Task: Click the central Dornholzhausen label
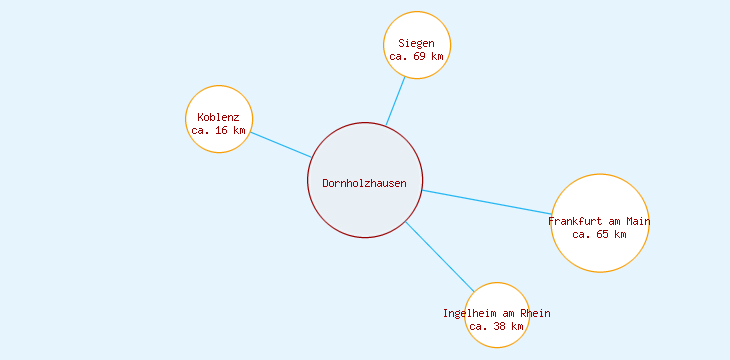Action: (364, 182)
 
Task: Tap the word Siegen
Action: (416, 43)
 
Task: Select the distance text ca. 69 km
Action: (416, 56)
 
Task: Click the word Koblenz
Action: (218, 117)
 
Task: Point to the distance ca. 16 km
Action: (218, 130)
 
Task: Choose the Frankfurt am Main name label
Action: (599, 221)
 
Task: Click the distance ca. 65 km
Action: (599, 234)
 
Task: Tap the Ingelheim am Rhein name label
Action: (496, 313)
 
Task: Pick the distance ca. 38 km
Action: (496, 326)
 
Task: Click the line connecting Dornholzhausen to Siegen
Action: (396, 100)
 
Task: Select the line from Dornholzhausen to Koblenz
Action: (281, 144)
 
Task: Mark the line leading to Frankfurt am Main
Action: (486, 202)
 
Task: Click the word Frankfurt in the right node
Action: (574, 221)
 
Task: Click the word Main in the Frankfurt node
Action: (638, 221)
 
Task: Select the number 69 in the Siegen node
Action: (420, 56)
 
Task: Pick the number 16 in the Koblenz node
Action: (222, 130)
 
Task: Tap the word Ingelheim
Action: (470, 313)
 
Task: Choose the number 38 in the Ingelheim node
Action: (500, 326)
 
